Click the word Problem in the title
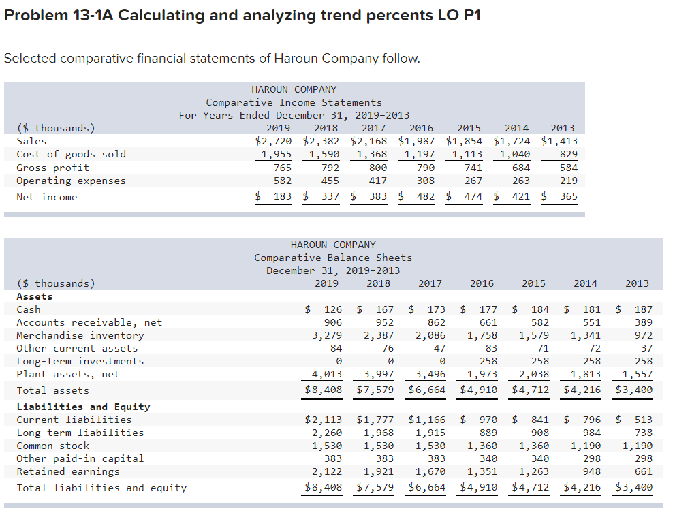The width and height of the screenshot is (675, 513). point(36,15)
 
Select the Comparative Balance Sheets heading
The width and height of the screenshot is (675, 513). point(333,258)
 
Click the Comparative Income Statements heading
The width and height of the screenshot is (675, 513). point(294,102)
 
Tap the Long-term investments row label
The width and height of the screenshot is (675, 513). point(80,361)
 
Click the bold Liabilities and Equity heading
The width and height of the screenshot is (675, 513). point(83,407)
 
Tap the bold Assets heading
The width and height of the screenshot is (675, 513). point(35,296)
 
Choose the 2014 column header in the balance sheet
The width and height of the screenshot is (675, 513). point(585,283)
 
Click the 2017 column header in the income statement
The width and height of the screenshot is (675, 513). point(373,128)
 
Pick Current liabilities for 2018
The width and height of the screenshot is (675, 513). point(373,420)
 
